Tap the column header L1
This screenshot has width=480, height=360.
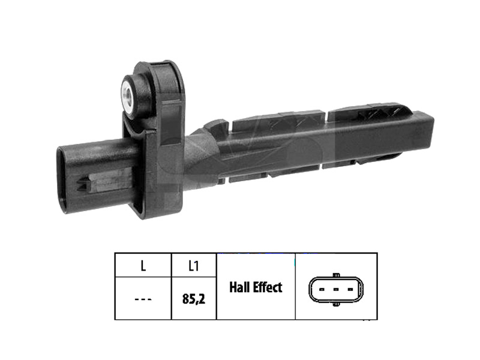[193, 266]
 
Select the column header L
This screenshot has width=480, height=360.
[143, 266]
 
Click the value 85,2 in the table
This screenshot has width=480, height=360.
[193, 299]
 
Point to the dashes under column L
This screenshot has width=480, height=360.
[143, 299]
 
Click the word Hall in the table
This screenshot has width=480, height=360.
[238, 287]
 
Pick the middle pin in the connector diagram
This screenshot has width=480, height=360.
[336, 289]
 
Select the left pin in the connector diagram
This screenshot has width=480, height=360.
[322, 289]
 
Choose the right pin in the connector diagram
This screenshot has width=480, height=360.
[350, 289]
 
